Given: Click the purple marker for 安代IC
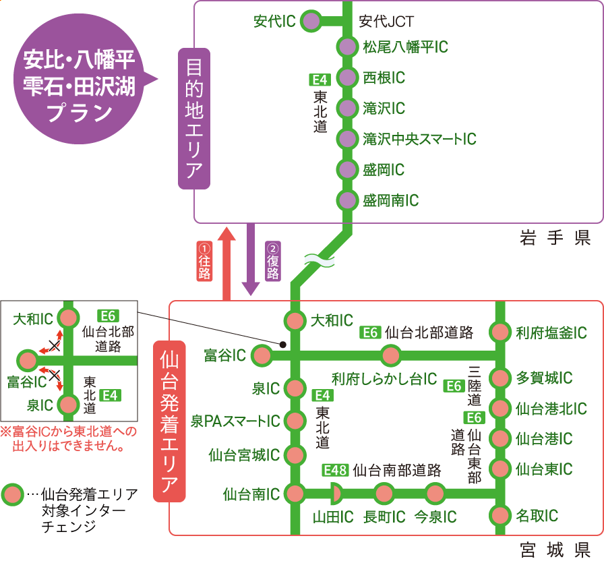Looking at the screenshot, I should click(x=311, y=21).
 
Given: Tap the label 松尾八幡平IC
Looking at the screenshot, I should click(x=405, y=47).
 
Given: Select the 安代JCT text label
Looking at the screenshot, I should click(x=386, y=22).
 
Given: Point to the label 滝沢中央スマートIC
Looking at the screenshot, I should click(x=419, y=139).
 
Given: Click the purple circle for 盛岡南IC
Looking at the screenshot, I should click(x=346, y=200).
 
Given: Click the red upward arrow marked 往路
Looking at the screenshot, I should click(x=226, y=263).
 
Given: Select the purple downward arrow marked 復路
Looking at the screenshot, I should click(x=251, y=260).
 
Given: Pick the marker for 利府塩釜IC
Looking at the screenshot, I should click(x=500, y=332).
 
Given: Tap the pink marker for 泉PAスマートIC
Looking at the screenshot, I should click(x=295, y=421).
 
